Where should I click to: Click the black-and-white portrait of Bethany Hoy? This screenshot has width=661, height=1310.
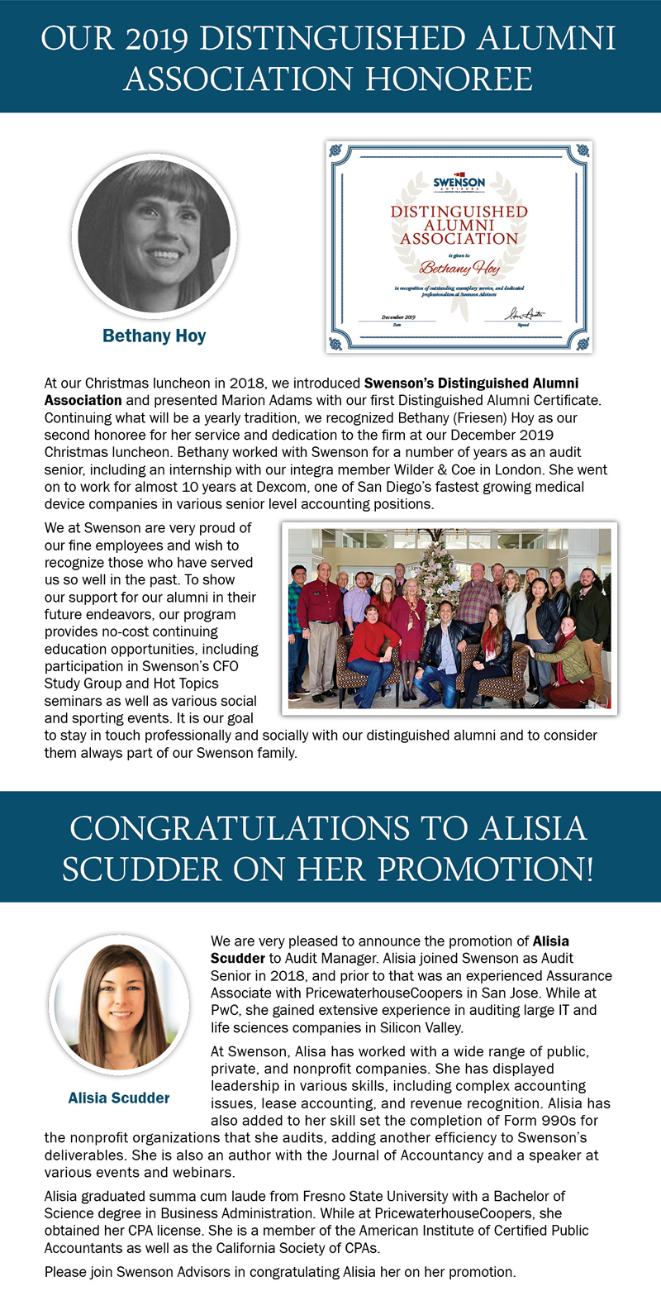click(x=155, y=236)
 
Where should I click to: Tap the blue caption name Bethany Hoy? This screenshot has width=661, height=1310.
click(x=155, y=336)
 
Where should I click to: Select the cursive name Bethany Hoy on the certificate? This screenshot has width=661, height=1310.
click(x=459, y=268)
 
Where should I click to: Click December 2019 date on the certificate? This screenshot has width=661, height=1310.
click(x=398, y=317)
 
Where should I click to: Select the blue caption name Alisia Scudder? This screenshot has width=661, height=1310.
click(x=119, y=1098)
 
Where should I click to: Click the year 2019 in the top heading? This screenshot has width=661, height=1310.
click(x=156, y=40)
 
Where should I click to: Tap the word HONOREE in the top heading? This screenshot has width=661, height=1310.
click(x=449, y=80)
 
